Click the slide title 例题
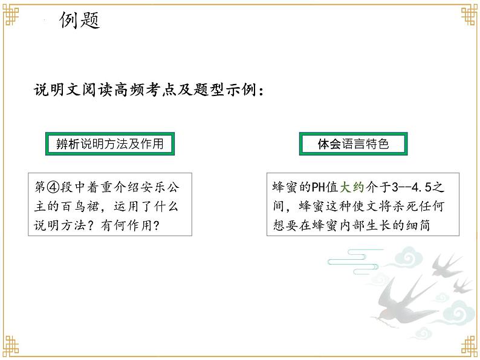click(x=79, y=21)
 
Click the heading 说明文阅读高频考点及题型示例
click(x=149, y=91)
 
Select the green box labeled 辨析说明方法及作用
click(x=106, y=144)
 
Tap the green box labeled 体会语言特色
click(x=353, y=144)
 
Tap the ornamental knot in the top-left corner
click(x=13, y=13)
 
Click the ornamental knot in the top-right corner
click(x=467, y=13)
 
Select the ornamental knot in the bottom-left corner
click(x=13, y=347)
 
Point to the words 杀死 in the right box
click(x=378, y=207)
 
